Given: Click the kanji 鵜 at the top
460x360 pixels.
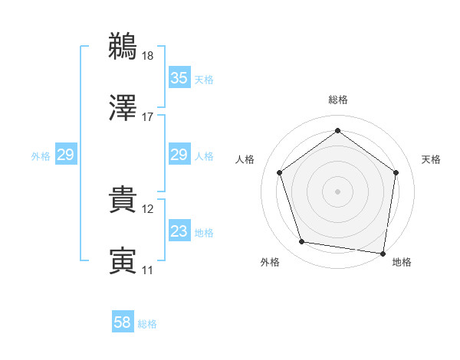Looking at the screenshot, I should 123,46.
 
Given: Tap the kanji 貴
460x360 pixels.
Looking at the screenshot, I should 123,200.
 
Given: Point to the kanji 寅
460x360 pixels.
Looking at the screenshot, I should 123,261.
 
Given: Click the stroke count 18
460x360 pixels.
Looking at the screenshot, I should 147,55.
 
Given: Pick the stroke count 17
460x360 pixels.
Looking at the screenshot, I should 147,117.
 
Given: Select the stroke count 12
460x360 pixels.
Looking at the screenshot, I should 147,209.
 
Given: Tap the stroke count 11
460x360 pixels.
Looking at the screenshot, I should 147,270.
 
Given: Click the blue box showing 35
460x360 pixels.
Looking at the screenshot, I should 179,78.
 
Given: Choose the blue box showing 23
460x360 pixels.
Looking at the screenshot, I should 179,231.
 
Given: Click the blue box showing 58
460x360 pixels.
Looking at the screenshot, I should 123,322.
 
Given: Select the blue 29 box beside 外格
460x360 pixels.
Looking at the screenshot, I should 65,155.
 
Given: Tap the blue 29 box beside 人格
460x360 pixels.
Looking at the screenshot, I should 179,155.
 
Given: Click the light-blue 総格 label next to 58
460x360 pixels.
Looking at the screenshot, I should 147,324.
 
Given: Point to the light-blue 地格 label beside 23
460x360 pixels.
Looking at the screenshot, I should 204,233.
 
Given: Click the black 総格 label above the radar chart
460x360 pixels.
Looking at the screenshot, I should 337,100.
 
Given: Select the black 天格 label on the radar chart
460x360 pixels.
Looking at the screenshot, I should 431,159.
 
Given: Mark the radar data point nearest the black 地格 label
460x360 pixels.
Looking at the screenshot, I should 383,253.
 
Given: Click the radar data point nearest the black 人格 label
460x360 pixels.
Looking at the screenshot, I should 279,172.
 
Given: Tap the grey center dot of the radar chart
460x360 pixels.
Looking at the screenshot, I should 337,191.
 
